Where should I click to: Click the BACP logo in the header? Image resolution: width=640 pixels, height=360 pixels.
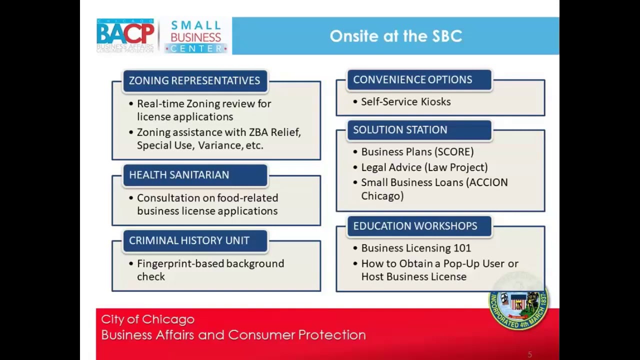coord(125,35)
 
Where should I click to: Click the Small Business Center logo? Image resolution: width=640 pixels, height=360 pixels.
coord(195,36)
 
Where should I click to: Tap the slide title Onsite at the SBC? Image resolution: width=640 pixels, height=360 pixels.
coord(395,36)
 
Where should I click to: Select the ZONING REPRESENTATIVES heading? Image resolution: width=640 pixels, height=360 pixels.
coord(194,80)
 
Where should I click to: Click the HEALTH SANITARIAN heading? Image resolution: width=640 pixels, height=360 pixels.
coord(179,175)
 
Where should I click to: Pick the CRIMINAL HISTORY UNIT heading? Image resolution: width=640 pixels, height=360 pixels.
coord(189,240)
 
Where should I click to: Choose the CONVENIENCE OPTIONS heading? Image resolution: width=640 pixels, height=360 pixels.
coord(412,79)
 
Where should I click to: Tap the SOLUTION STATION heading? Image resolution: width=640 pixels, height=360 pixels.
coord(400,130)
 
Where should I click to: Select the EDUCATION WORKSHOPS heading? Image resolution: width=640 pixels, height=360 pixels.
coord(415,226)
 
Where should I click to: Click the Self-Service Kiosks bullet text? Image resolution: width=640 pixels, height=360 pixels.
coord(405,102)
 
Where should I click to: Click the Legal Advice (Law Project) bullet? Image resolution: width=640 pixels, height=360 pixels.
coord(424,167)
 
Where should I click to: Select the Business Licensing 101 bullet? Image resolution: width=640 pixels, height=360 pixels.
coord(415,248)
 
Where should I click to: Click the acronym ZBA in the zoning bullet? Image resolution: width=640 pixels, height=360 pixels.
coord(258,132)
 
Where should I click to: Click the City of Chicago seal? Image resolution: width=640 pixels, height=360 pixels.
coord(518,301)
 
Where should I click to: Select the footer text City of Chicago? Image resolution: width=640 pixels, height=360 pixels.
coord(147,319)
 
